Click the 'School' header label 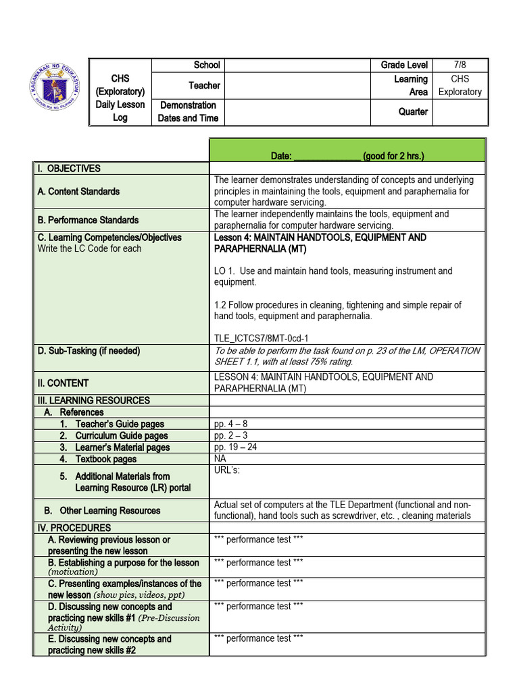207,65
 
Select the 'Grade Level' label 404,65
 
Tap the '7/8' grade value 460,65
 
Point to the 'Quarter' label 413,111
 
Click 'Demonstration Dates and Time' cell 188,111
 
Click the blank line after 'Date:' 327,156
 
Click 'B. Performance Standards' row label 88,220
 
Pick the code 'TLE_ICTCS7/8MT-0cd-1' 262,338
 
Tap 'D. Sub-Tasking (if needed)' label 89,351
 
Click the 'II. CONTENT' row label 64,383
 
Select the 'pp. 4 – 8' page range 230,424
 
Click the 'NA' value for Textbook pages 220,458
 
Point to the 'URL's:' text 226,470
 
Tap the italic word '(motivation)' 73,572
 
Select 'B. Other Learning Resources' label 102,510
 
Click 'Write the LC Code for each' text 90,248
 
